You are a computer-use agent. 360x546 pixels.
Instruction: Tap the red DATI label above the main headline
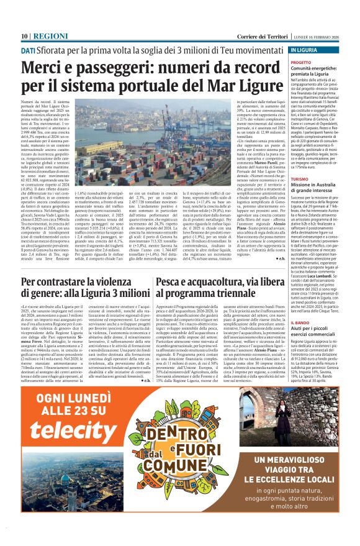click(x=28, y=51)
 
